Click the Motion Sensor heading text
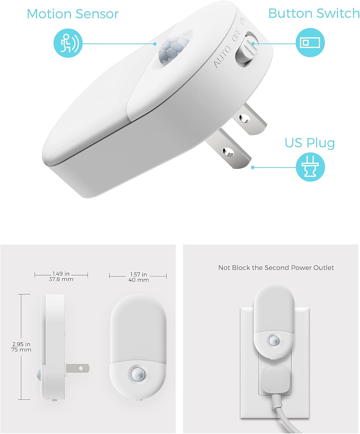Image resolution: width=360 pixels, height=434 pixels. coord(73,14)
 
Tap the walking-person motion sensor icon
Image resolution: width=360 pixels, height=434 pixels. coord(68,43)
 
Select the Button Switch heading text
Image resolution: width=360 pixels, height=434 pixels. coord(314,13)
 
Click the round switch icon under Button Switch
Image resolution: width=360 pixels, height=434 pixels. coord(310,43)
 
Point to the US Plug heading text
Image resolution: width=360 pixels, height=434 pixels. coord(310,143)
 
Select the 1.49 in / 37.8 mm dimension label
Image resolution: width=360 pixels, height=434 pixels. coord(61,276)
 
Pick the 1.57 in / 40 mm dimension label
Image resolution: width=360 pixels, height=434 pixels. coord(138,277)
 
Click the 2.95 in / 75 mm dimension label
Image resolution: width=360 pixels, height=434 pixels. coord(21,347)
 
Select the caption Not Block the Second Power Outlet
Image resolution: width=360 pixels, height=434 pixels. coord(276,268)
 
